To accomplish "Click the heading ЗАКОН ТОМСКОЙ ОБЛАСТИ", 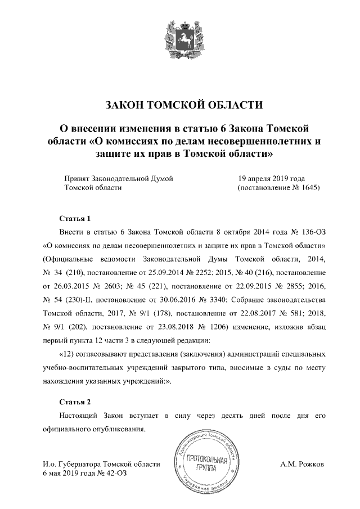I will [179, 105].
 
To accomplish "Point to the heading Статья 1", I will [74, 218].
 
